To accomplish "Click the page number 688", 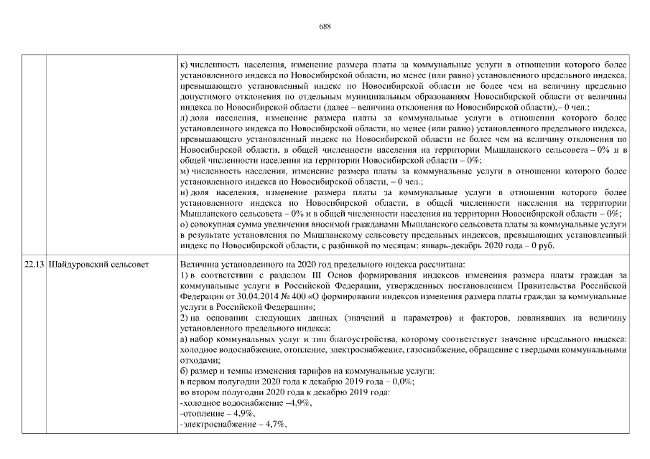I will pyautogui.click(x=325, y=27).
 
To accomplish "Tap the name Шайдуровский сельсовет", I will pyautogui.click(x=98, y=265).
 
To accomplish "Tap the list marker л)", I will pyautogui.click(x=185, y=115).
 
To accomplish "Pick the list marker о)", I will pyautogui.click(x=185, y=225).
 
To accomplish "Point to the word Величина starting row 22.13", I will pyautogui.click(x=199, y=265).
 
